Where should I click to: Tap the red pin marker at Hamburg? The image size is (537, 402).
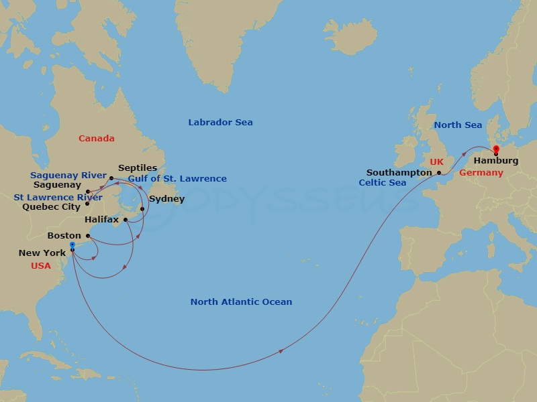[496, 149]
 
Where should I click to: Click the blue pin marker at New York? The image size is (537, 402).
[72, 246]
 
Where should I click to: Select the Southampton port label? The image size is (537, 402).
[399, 172]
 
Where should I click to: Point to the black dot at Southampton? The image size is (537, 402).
[440, 173]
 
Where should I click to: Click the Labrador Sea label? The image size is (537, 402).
[220, 123]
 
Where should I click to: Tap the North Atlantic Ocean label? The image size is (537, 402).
[241, 302]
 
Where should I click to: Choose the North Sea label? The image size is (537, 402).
[458, 125]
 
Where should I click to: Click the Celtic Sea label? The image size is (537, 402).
[382, 183]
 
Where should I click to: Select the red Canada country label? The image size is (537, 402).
[96, 139]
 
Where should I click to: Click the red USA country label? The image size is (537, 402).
[40, 266]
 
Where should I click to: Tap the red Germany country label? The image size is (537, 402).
[481, 173]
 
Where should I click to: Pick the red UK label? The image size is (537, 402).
[436, 162]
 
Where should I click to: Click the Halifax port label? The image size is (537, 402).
[101, 219]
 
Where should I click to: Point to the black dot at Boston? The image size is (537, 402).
[88, 236]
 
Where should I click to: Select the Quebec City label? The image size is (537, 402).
[51, 207]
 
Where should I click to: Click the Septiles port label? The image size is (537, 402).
[138, 168]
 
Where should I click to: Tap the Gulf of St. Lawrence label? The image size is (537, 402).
[177, 179]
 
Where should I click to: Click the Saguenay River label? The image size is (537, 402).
[68, 176]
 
